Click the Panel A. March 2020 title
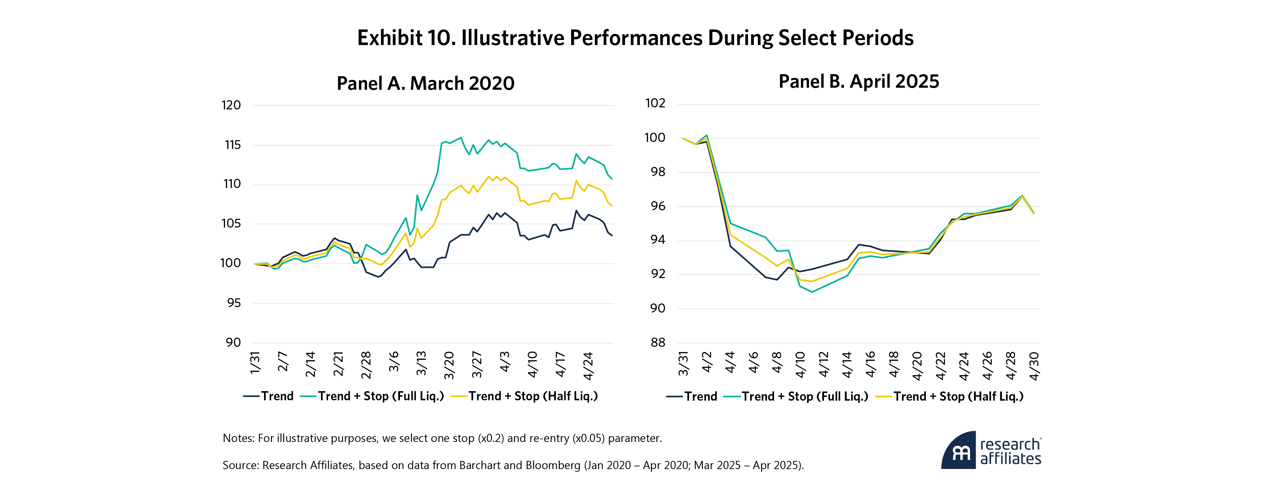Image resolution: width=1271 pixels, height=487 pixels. tap(425, 83)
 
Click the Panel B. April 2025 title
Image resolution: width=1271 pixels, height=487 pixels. tap(859, 81)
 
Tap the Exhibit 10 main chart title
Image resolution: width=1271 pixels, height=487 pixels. tap(635, 38)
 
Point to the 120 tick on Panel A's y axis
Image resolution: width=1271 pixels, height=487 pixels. tap(231, 105)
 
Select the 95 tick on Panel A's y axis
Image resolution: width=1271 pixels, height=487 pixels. tap(234, 303)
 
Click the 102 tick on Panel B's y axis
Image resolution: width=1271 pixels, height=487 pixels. tap(655, 103)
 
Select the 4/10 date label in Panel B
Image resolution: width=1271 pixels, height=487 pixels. tap(800, 365)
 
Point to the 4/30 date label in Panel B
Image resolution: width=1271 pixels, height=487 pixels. tap(1034, 366)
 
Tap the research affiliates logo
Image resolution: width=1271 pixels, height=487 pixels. tap(991, 450)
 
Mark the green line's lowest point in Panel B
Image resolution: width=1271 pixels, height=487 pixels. tap(812, 292)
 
